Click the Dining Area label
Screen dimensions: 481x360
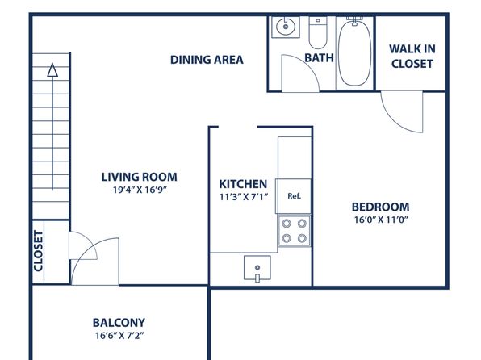click(x=207, y=60)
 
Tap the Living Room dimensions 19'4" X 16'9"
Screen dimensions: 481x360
click(x=140, y=190)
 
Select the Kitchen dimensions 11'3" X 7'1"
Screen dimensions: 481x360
click(x=244, y=197)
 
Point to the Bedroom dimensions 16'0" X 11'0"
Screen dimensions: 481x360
click(x=381, y=220)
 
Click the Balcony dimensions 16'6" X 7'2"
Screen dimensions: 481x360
click(x=119, y=336)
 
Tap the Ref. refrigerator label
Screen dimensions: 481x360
click(x=295, y=196)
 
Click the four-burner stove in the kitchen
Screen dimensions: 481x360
click(x=294, y=231)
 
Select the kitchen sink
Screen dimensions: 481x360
click(x=257, y=268)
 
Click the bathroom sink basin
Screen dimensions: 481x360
click(x=286, y=27)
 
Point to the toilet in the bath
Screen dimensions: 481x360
click(x=318, y=33)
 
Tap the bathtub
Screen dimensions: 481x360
click(x=354, y=52)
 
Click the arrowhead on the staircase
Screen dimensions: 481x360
click(x=52, y=69)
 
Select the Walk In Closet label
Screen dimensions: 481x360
click(x=412, y=57)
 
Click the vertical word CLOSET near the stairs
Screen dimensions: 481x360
click(x=39, y=251)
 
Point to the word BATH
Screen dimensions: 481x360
click(x=319, y=57)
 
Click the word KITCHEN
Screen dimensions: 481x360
click(x=243, y=184)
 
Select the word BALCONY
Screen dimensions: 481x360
click(x=119, y=323)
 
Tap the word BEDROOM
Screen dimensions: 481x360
click(x=380, y=207)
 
